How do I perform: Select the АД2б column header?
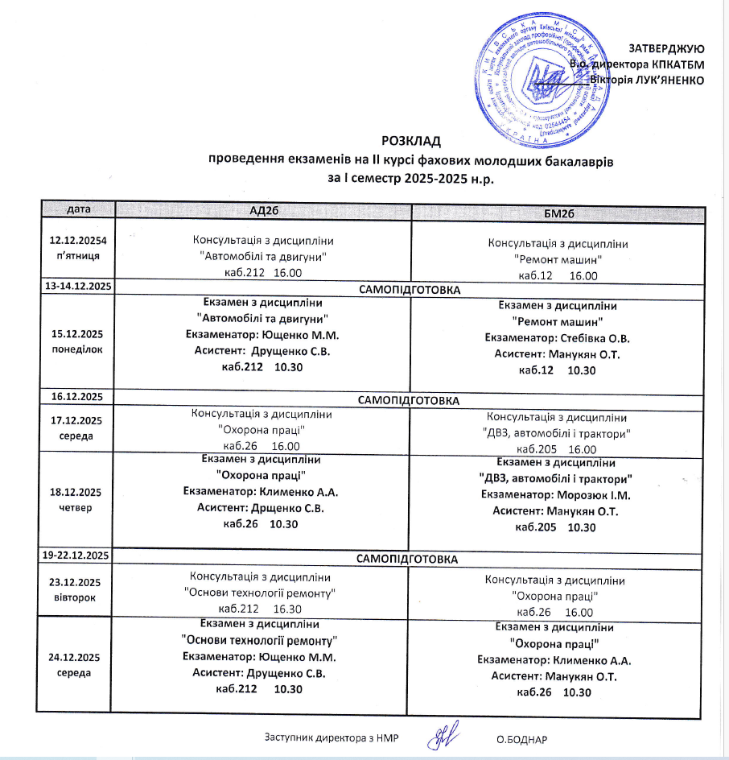[264, 210]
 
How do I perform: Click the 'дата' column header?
[79, 209]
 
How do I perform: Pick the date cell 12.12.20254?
[79, 240]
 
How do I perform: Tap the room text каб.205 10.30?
[554, 527]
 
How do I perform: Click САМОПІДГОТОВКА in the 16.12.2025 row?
[409, 399]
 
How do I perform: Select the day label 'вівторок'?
[74, 598]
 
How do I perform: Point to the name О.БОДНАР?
[521, 739]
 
